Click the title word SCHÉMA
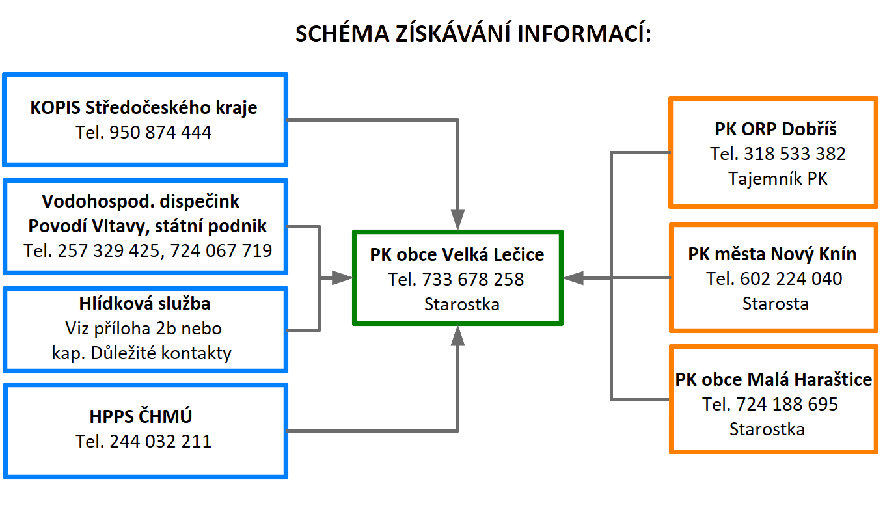click(x=342, y=33)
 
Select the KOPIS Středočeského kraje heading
click(x=144, y=108)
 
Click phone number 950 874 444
click(x=160, y=132)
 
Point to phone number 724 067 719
click(x=221, y=250)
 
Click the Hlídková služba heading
click(x=144, y=303)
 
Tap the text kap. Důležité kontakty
click(x=141, y=353)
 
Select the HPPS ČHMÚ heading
click(x=141, y=416)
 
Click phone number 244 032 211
click(x=160, y=441)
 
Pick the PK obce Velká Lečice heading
click(x=457, y=254)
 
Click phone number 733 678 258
click(x=473, y=279)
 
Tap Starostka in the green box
click(x=462, y=304)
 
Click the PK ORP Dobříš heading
click(x=776, y=129)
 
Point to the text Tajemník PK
click(x=778, y=178)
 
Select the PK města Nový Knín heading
click(x=772, y=254)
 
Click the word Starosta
click(x=775, y=303)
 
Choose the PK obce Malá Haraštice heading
click(x=773, y=379)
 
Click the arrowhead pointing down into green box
click(x=457, y=220)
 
